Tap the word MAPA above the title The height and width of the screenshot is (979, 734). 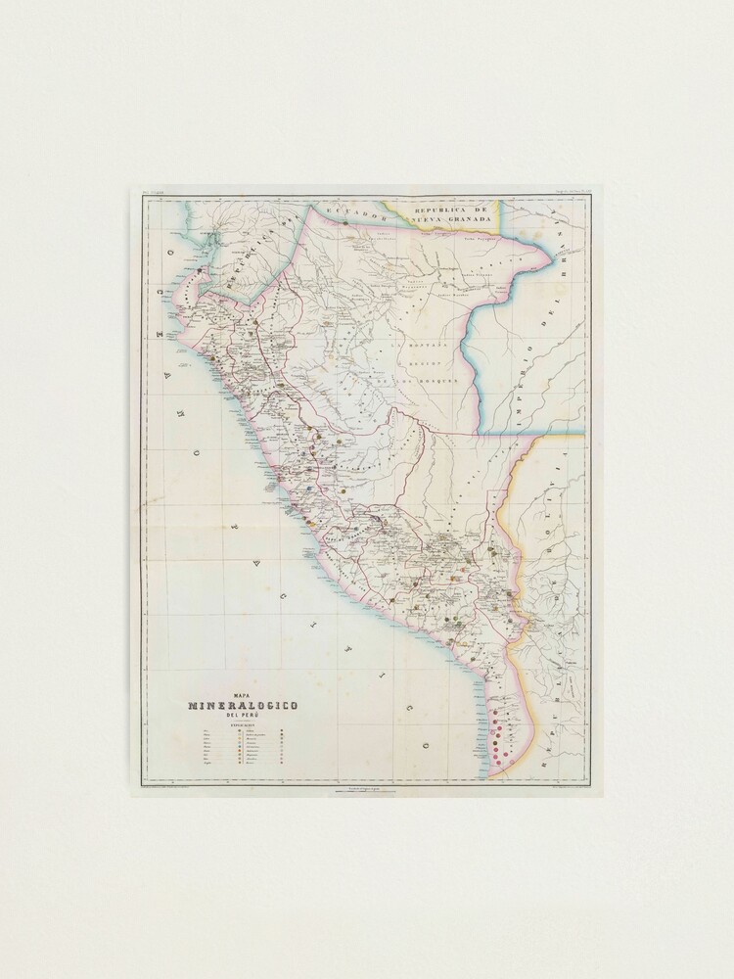242,694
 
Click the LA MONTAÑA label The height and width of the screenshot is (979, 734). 422,346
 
